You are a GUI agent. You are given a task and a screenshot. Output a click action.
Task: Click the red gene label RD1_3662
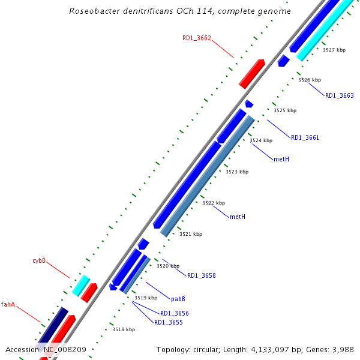point(197,38)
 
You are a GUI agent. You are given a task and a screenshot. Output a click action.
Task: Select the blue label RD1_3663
point(340,95)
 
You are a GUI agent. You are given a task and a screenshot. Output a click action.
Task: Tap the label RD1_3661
point(305,137)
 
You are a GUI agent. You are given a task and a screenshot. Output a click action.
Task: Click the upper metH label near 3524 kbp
point(281,159)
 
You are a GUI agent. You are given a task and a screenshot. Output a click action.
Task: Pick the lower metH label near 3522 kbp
point(238,217)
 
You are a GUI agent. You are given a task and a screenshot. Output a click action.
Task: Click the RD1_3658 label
point(201,275)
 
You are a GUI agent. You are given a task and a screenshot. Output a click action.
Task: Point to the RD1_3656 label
point(174,313)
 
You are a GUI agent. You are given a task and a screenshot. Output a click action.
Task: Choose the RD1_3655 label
point(168,322)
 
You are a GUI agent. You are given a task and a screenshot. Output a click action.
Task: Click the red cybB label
point(39,261)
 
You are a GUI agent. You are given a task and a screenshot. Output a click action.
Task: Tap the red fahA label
point(8,304)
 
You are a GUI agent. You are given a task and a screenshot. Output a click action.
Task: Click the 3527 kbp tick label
point(334,50)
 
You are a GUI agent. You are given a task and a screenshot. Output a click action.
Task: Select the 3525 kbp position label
point(285,110)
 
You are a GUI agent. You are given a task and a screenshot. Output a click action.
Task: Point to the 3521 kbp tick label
point(191,234)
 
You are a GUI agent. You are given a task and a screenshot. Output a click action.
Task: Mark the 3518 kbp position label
point(124,329)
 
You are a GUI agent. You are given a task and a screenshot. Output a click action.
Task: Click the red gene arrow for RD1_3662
point(252,74)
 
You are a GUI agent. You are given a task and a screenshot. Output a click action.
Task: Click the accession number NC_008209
point(65,349)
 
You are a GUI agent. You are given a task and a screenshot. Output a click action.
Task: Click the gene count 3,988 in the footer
point(342,349)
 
